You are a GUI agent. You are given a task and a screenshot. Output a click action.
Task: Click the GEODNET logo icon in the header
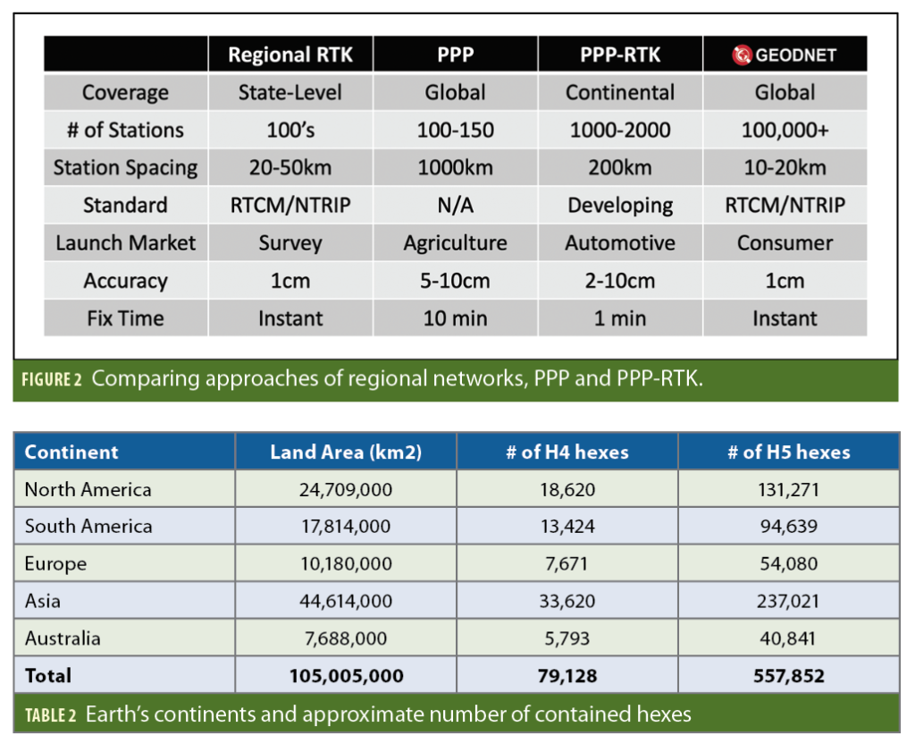point(743,55)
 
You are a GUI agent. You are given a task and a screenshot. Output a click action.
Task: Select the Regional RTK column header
point(290,55)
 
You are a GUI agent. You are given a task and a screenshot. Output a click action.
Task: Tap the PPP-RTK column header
point(619,55)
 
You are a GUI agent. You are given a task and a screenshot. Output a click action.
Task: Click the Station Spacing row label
point(125,168)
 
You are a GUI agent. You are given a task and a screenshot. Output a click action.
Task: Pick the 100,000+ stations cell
point(785,131)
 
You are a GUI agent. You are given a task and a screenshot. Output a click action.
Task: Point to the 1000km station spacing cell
point(455,168)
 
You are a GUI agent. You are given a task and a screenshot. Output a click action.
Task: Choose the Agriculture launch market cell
point(455,243)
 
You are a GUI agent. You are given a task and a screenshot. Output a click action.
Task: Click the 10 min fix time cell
point(455,318)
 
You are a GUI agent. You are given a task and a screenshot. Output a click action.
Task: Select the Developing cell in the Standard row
point(620,206)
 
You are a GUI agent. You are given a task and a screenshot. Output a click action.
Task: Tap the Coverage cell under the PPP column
point(455,93)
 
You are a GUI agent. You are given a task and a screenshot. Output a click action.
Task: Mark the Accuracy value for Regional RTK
point(290,281)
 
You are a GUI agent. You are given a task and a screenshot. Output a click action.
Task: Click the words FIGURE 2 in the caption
point(53,378)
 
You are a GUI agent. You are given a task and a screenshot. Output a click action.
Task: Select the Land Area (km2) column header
point(346,452)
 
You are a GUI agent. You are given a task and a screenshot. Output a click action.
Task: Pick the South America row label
point(88,527)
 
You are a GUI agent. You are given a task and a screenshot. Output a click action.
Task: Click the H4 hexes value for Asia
point(567,601)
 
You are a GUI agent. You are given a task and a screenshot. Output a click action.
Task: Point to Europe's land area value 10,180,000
point(346,564)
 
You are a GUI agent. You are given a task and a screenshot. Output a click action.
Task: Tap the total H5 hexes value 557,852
point(787,676)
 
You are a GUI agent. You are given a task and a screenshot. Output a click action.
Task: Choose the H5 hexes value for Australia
point(787,638)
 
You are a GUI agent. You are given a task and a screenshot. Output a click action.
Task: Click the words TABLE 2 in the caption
point(50,714)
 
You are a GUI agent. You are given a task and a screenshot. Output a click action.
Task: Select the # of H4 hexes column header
point(567,452)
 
